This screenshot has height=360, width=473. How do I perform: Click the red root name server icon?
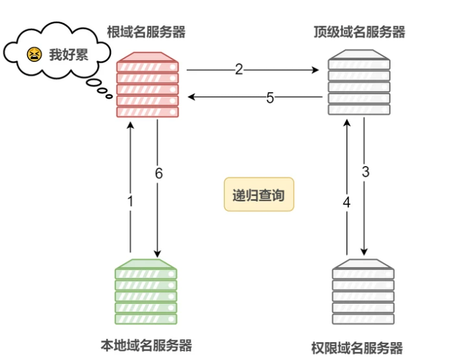coord(148,86)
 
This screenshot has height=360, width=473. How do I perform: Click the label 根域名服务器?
coord(146,31)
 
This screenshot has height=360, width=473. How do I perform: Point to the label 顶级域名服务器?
coord(359,31)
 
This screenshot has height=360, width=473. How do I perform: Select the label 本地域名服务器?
coord(146,345)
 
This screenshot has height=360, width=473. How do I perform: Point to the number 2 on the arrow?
coord(239,69)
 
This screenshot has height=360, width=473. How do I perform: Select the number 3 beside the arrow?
coord(365,173)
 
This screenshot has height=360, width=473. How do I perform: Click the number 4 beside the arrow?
coord(346,202)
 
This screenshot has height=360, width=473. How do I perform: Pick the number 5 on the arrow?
coord(270,98)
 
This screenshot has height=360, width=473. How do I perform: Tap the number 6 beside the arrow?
coord(158,173)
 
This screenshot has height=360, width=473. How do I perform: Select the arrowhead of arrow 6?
coord(158,253)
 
